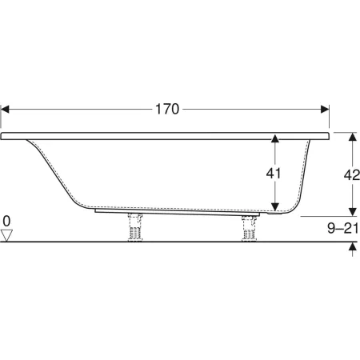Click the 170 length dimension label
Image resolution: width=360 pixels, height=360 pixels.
click(x=167, y=109)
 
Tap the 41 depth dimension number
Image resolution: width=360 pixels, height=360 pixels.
click(x=274, y=174)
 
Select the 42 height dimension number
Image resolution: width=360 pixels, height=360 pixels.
click(x=352, y=175)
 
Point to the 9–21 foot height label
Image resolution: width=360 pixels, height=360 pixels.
click(x=343, y=228)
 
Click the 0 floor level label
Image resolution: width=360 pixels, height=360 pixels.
click(x=6, y=222)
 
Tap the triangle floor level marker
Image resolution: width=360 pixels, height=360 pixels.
click(x=6, y=235)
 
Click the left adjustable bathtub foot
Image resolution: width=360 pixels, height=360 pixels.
click(x=135, y=226)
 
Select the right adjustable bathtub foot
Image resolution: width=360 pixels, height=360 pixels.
click(x=250, y=228)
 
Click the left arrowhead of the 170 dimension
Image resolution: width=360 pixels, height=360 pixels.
click(x=5, y=109)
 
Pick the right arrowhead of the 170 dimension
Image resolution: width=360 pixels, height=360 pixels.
click(x=325, y=109)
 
